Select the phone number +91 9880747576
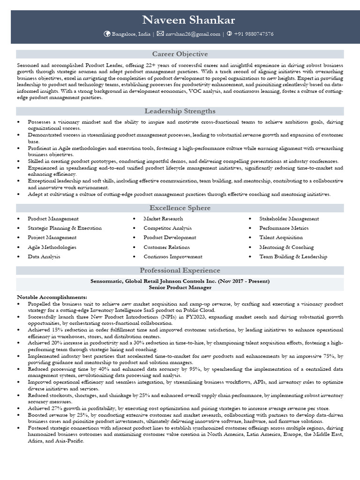pos(254,34)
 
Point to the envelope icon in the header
pos(160,34)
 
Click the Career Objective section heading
pos(180,54)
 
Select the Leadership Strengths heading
pos(180,111)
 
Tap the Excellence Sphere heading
pos(180,208)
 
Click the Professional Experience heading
pos(180,270)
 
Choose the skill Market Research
pos(163,219)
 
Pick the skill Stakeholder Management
pos(289,219)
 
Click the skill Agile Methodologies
pos(52,247)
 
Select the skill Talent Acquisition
pos(281,238)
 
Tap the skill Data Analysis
pos(44,257)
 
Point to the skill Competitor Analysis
pos(167,228)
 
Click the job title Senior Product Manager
pos(180,287)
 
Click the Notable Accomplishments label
pos(52,297)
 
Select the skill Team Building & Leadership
pos(293,257)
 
